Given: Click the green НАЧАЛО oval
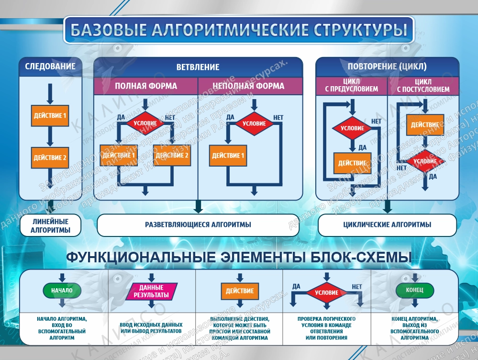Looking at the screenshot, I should click(x=61, y=290).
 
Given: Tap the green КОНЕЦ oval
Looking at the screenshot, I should click(x=414, y=290).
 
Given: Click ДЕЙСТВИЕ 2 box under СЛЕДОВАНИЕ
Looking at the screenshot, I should click(x=50, y=157).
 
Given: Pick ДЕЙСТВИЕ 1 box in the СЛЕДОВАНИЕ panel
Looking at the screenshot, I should click(x=50, y=115).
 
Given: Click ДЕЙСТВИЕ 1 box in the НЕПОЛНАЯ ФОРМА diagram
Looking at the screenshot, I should click(x=228, y=156).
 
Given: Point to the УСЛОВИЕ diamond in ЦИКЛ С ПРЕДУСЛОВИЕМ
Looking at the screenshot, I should click(x=352, y=128).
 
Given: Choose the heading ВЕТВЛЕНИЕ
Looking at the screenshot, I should click(x=198, y=67).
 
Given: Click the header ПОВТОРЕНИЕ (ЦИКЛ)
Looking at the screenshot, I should click(x=387, y=67).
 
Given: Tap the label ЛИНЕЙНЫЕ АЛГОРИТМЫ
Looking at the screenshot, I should click(x=50, y=226).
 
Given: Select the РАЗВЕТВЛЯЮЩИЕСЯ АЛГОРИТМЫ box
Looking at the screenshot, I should click(x=198, y=225).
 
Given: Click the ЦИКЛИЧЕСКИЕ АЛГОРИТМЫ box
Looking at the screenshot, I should click(x=387, y=225).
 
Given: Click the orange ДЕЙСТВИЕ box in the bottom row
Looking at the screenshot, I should click(x=240, y=291).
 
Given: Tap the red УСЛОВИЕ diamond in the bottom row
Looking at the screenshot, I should click(x=327, y=292).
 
